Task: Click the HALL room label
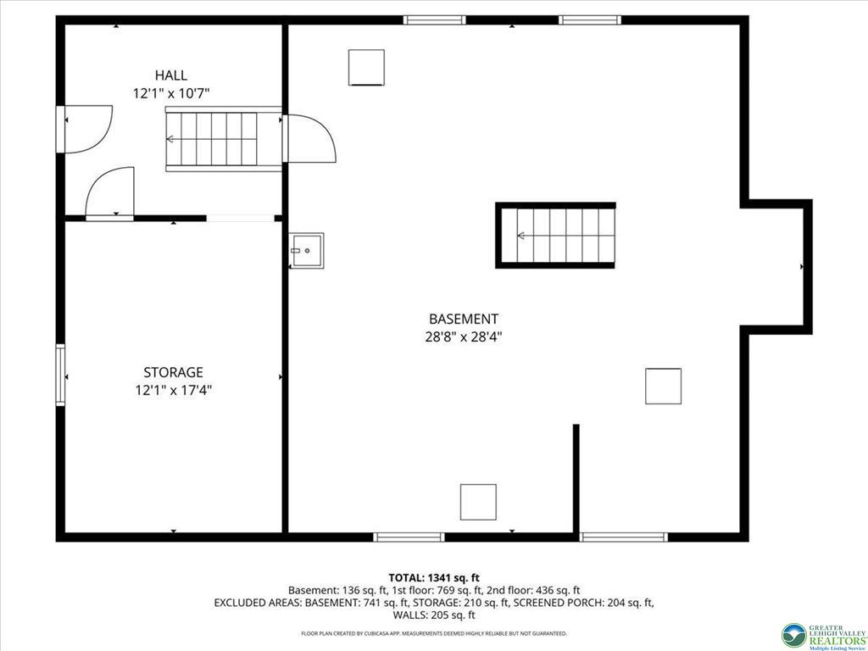point(170,75)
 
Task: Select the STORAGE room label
point(173,372)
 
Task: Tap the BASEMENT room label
point(464,319)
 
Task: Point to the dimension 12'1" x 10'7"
point(171,93)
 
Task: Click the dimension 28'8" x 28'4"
point(464,337)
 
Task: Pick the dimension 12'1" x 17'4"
point(174,390)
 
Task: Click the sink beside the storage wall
point(307,251)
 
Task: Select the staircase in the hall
point(223,139)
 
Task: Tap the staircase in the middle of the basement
point(555,236)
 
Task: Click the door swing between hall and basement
point(309,138)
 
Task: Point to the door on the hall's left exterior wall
point(85,129)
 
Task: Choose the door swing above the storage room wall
point(110,193)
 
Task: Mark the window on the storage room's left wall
point(60,375)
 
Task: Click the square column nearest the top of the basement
point(366,68)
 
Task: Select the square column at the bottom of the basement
point(478,502)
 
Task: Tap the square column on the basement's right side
point(663,386)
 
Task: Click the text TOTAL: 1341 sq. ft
point(433,578)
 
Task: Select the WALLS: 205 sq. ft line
point(434,615)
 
